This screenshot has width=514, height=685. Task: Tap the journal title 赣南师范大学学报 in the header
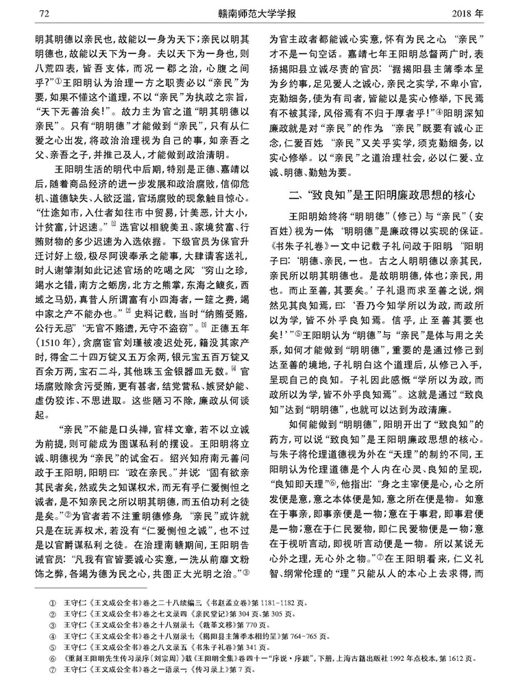[x=256, y=12]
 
